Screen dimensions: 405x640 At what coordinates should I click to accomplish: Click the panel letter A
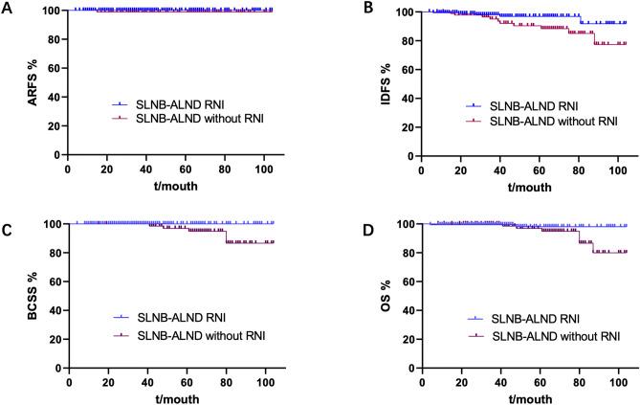[7, 8]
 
